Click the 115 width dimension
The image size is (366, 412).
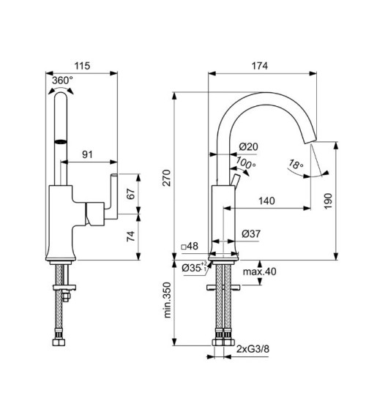tap(82, 66)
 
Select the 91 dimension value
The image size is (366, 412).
tap(87, 154)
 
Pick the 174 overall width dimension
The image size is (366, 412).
tap(260, 66)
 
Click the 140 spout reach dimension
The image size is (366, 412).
tap(266, 200)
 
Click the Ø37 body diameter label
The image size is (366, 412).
tap(250, 233)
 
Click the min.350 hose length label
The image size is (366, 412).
tap(168, 301)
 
